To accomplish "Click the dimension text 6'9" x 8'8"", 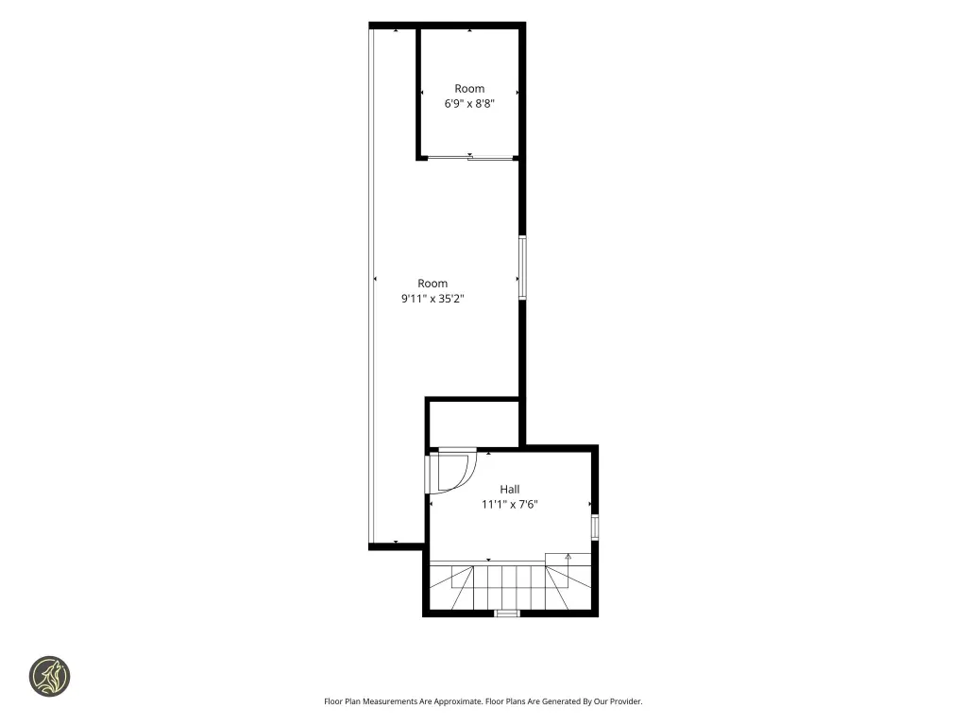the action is pos(469,104).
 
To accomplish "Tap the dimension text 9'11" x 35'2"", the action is pos(433,299).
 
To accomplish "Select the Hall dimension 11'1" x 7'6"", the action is pos(509,505).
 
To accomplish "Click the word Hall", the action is pos(509,489).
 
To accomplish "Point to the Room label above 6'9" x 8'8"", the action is pos(469,88).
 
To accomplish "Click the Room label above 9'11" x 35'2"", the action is pos(433,284).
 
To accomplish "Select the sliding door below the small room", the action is pos(470,158).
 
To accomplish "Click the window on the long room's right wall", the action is pos(522,268).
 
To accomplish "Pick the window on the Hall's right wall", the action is pos(595,527).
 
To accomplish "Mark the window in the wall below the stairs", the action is pos(507,613).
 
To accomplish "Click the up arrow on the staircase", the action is pos(568,558).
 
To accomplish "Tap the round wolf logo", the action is pos(50,677).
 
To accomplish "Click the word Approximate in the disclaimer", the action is pos(458,701).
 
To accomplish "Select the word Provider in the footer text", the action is pos(625,701).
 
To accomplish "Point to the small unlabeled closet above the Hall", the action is pos(473,423).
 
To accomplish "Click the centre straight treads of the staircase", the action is pos(509,587).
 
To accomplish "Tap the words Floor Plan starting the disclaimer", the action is pos(342,701).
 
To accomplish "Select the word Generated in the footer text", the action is pos(562,701).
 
